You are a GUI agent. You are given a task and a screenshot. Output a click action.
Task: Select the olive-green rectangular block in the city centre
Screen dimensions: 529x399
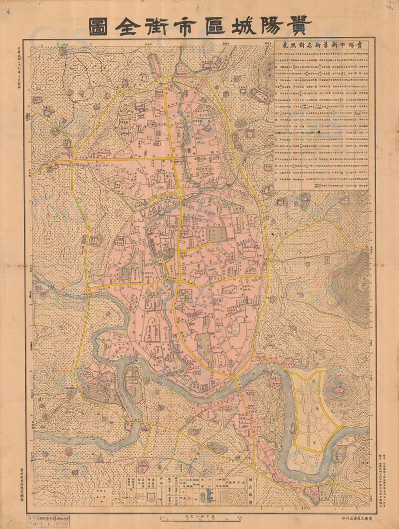tap(215, 235)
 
